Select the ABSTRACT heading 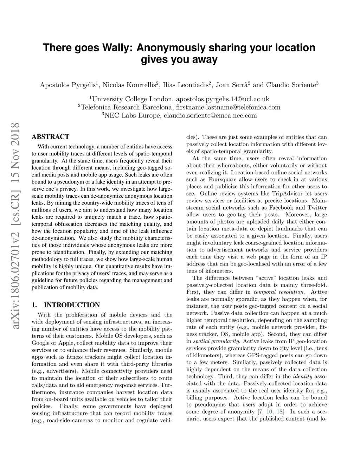tap(50, 137)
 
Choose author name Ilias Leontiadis tap(186, 85)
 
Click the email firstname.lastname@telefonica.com tap(228, 107)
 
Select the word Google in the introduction tap(40, 343)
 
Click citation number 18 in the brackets tap(280, 411)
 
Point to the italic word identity tap(302, 376)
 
